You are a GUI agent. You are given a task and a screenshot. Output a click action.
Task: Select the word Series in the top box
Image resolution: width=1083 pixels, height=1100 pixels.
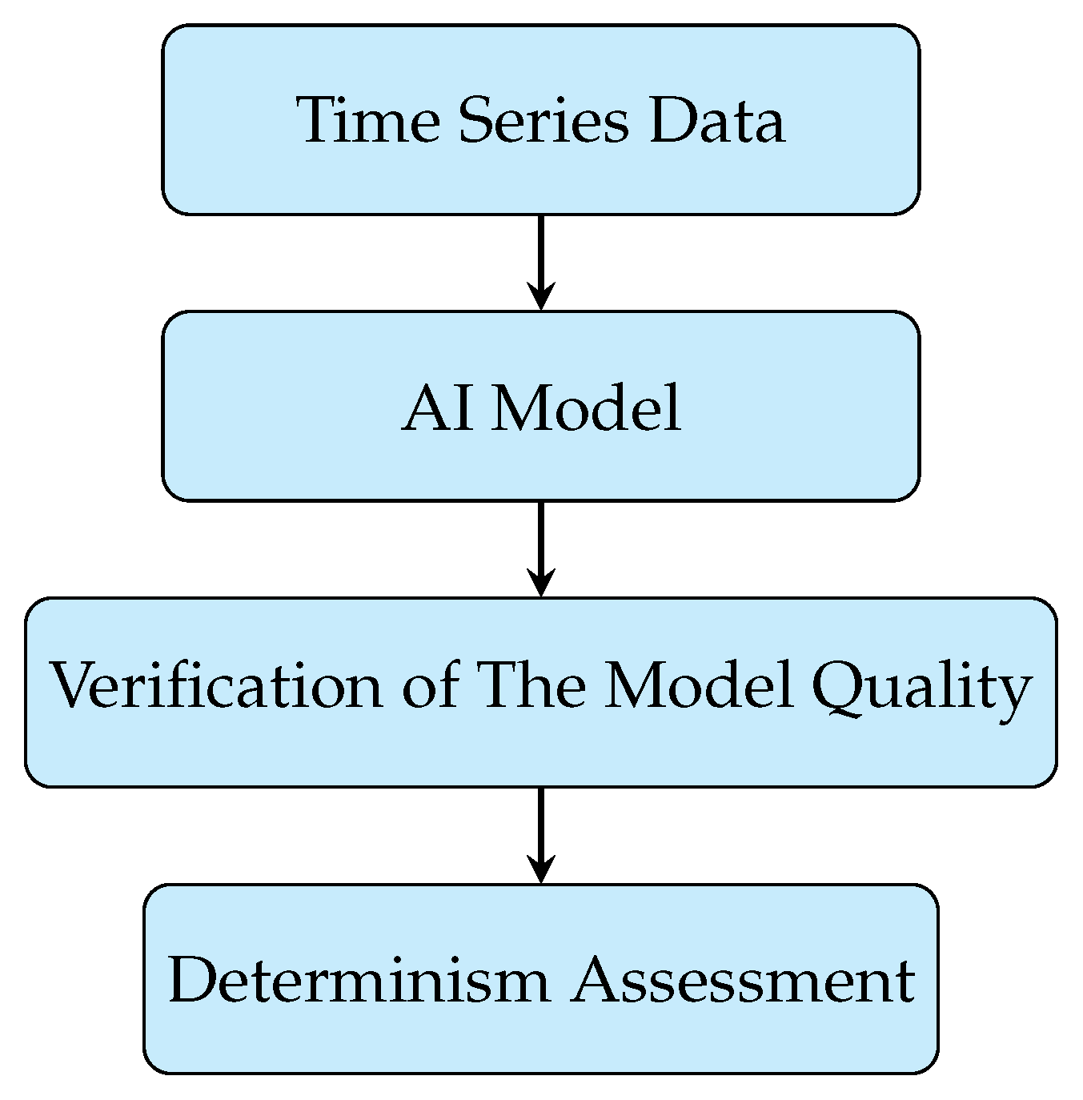544,121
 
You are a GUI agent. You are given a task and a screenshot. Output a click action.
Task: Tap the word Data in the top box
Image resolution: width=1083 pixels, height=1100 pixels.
716,121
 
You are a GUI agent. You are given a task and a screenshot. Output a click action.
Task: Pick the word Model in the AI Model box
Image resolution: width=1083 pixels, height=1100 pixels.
586,407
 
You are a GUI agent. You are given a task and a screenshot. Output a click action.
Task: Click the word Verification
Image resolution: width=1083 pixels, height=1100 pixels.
216,687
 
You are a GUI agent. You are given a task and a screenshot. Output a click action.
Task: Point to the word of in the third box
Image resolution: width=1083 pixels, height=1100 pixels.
431,687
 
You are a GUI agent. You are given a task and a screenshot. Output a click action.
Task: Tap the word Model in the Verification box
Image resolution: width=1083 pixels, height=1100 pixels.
698,687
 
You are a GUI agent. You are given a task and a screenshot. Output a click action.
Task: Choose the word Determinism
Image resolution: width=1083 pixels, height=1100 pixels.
359,980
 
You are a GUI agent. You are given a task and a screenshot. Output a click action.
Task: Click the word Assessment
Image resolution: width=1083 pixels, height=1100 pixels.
742,980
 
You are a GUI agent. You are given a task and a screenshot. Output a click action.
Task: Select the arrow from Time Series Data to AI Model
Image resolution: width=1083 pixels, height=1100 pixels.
541,256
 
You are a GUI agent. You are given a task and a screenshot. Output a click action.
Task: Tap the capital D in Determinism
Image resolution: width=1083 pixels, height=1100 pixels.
192,980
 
